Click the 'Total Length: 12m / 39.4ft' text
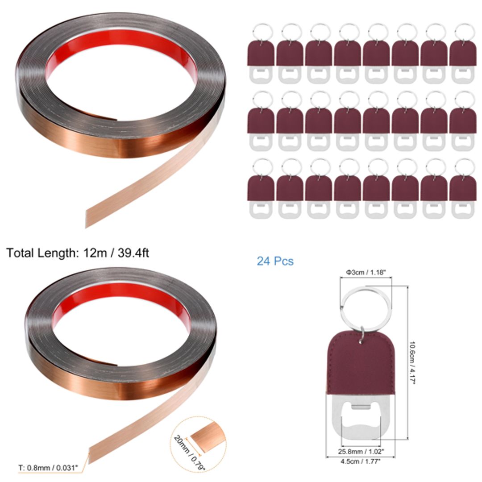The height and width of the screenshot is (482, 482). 77,253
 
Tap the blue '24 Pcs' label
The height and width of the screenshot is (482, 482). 275,261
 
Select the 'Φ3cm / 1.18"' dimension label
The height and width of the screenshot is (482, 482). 366,272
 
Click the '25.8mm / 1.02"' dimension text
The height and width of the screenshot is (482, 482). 361,451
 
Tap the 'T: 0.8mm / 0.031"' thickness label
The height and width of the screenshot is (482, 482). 48,468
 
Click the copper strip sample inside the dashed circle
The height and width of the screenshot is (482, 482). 208,436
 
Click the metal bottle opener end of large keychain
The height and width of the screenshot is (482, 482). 361,417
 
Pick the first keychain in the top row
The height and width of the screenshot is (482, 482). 261,54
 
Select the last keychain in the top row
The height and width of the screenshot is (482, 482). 463,54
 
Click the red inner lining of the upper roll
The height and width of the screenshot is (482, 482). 120,42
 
